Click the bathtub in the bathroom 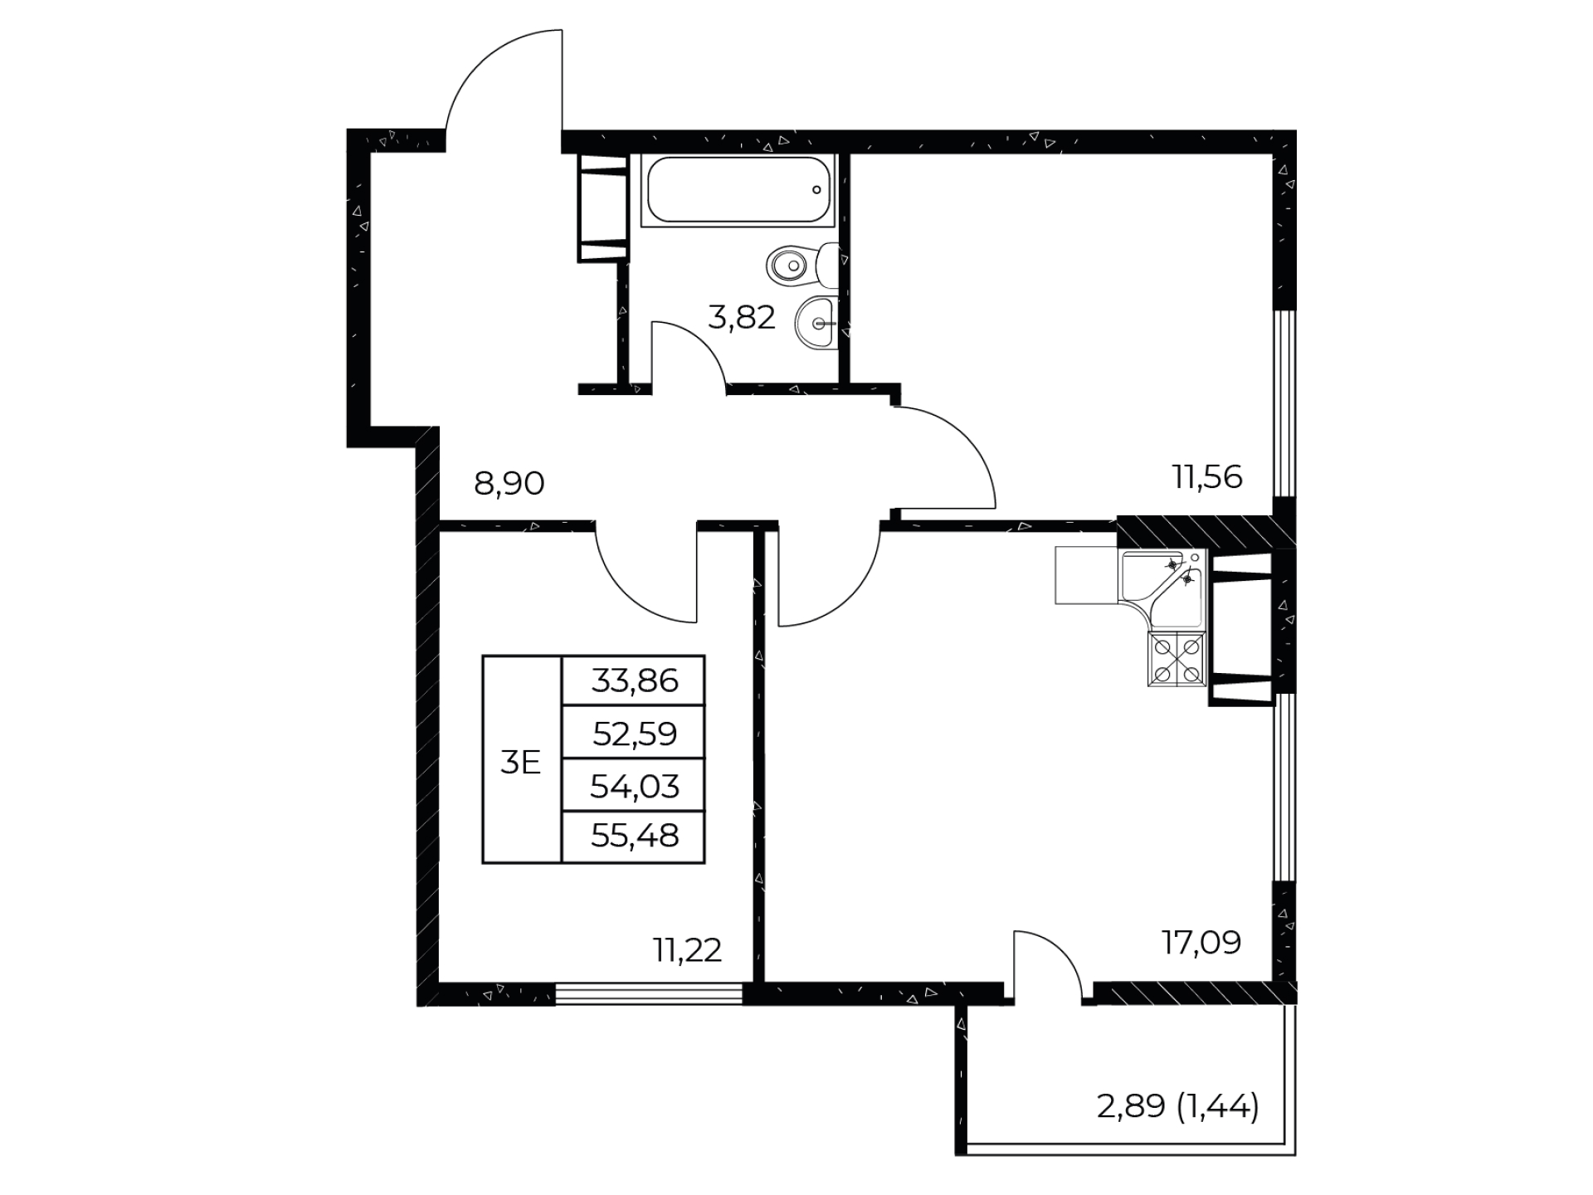(x=740, y=189)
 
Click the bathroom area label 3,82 (x=741, y=317)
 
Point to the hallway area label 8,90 (x=509, y=482)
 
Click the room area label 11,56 (x=1206, y=476)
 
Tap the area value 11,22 (x=687, y=949)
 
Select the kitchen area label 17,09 (x=1201, y=942)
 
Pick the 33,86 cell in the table (x=634, y=680)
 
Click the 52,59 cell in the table (x=634, y=733)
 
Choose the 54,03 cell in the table (x=634, y=785)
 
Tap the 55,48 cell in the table (x=634, y=836)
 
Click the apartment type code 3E (x=520, y=762)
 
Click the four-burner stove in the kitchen (x=1176, y=659)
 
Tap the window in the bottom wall (x=649, y=993)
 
